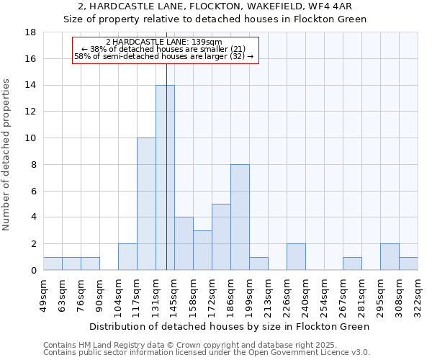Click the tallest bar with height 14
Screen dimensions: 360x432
pyautogui.click(x=165, y=178)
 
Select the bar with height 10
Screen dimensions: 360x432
pyautogui.click(x=146, y=204)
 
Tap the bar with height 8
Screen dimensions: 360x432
pyautogui.click(x=240, y=217)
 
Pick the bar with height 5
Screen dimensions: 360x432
pyautogui.click(x=221, y=237)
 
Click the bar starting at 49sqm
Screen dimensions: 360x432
pyautogui.click(x=53, y=264)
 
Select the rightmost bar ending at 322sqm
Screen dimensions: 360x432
pyautogui.click(x=408, y=264)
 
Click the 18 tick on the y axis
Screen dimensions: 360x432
pyautogui.click(x=30, y=32)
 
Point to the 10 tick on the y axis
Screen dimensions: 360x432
pyautogui.click(x=30, y=138)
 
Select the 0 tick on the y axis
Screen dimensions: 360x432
pyautogui.click(x=33, y=270)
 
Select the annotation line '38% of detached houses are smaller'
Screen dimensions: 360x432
pyautogui.click(x=165, y=49)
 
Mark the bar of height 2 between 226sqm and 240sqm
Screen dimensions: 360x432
pyautogui.click(x=296, y=257)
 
